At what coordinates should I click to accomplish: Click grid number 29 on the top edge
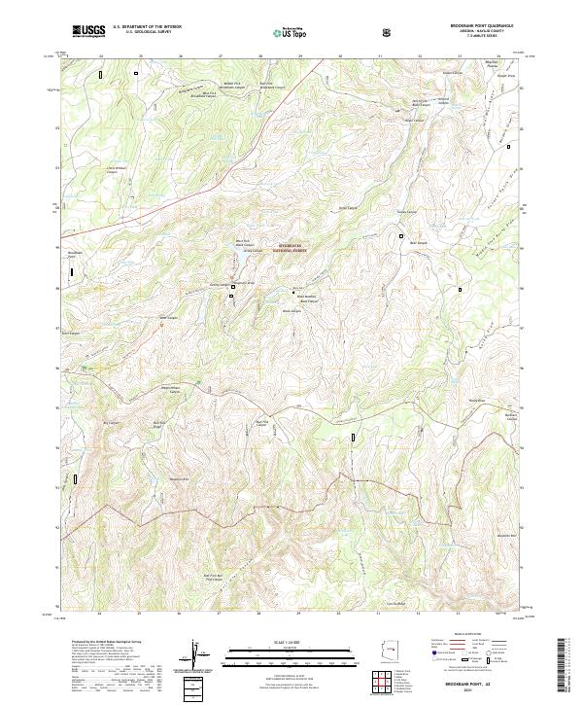[300, 55]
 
